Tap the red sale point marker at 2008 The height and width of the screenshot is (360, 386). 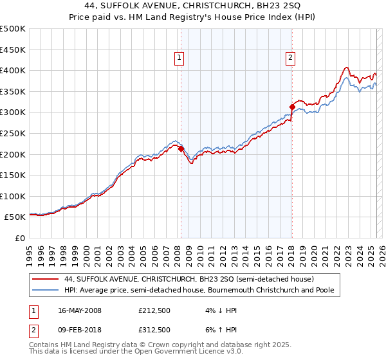pyautogui.click(x=181, y=148)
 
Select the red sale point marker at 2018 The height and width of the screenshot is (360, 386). pyautogui.click(x=292, y=107)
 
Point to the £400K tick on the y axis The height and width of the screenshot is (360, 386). pyautogui.click(x=13, y=71)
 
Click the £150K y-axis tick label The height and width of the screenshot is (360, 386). pyautogui.click(x=13, y=175)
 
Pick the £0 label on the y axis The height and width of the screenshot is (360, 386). pyautogui.click(x=20, y=238)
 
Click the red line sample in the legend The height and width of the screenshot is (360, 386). pyautogui.click(x=46, y=279)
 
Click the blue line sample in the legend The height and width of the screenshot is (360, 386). pyautogui.click(x=46, y=291)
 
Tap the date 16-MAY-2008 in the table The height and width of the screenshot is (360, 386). pyautogui.click(x=80, y=310)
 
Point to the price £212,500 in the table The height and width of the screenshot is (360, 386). pyautogui.click(x=154, y=310)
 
